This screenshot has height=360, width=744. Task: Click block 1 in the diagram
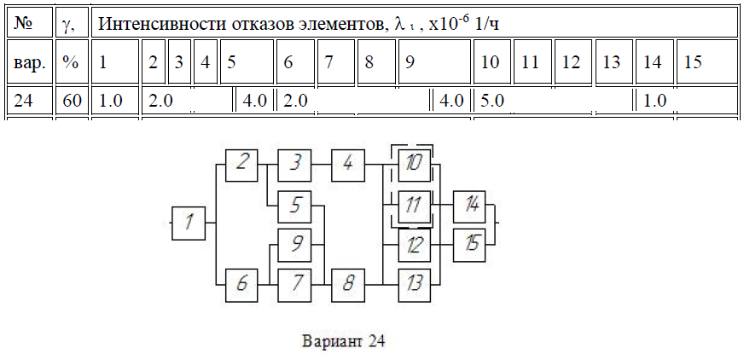pos(189,223)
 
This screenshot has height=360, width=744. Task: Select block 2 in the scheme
pos(242,165)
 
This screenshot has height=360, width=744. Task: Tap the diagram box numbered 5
pos(294,206)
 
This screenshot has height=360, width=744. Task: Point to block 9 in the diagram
pos(294,245)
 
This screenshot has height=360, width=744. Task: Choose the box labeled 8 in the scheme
pos(348,285)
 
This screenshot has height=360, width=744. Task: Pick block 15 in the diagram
pos(469,245)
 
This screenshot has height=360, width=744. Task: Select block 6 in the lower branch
pos(242,285)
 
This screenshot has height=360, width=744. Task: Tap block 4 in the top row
pos(348,165)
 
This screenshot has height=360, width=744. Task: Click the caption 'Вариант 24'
pos(343,341)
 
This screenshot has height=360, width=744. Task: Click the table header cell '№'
pos(30,22)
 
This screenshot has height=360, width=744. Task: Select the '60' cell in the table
pos(73,101)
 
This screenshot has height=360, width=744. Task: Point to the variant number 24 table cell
pos(30,101)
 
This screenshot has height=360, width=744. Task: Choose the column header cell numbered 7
pos(336,61)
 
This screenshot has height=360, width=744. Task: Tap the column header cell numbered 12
pos(573,61)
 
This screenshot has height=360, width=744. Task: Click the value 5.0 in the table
pos(492,101)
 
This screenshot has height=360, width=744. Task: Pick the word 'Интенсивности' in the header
pos(162,23)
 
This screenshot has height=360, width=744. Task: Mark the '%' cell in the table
pos(73,61)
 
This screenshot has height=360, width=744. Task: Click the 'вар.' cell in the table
pos(30,61)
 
